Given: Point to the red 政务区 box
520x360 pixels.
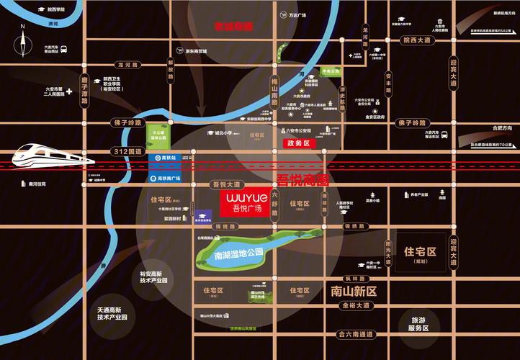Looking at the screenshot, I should click(297, 144).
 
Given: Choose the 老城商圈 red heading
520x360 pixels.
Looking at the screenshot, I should click(234, 26).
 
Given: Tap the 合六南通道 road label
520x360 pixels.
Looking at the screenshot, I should click(356, 334).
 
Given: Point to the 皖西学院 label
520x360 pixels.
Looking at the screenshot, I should click(55, 10).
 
